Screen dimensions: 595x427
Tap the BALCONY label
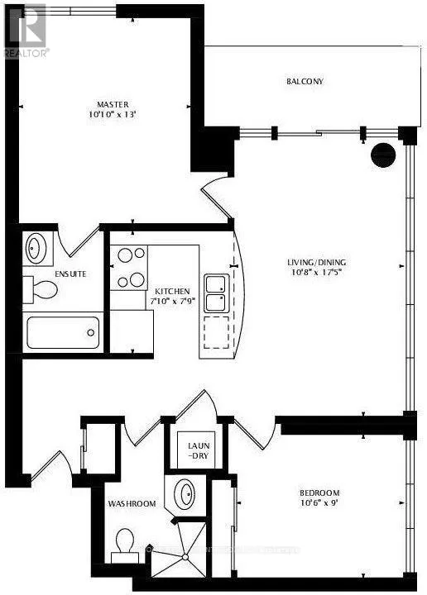(x=305, y=82)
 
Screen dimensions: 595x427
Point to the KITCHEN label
(x=173, y=292)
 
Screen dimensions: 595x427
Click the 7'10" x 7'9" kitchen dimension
(x=173, y=303)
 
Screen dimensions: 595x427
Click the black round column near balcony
(x=382, y=155)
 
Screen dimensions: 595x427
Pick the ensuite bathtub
(x=63, y=334)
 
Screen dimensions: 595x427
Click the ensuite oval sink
(x=36, y=247)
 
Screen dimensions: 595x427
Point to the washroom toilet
(x=126, y=544)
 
